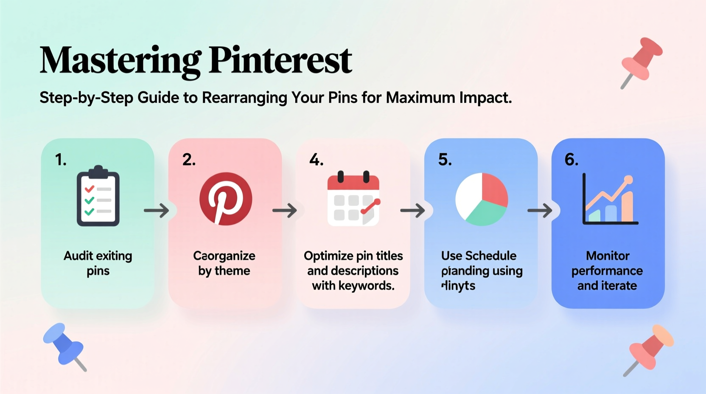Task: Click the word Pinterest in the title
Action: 280,61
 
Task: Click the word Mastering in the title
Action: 120,61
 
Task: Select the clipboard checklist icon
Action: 98,196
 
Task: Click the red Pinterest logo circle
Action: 226,199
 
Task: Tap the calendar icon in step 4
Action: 353,199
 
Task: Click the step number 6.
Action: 571,160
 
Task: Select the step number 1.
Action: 60,160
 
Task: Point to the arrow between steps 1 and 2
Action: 156,210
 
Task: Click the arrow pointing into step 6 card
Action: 539,210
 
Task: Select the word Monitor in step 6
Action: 607,256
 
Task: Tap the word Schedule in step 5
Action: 491,256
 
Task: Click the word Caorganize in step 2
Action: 224,256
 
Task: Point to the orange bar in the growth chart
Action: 627,207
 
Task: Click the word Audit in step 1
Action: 78,256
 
